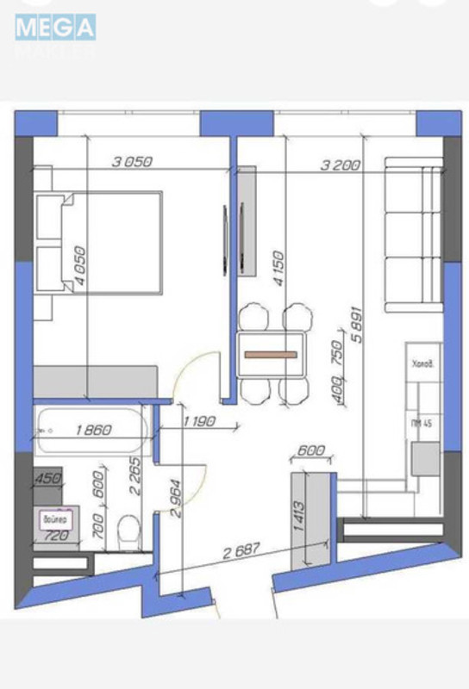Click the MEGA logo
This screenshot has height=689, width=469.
pyautogui.click(x=54, y=28)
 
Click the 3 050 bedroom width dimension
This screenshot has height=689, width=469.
pyautogui.click(x=133, y=161)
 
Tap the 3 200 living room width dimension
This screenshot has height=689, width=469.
pyautogui.click(x=339, y=166)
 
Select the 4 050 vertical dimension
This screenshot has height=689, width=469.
pyautogui.click(x=80, y=263)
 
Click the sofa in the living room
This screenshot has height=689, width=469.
pyautogui.click(x=412, y=234)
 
